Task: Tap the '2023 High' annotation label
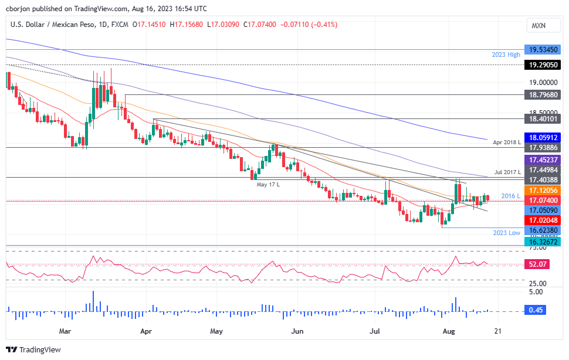pyautogui.click(x=506, y=55)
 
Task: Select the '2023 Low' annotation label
pyautogui.click(x=506, y=233)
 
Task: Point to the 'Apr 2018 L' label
pyautogui.click(x=506, y=142)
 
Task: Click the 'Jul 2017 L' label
pyautogui.click(x=506, y=172)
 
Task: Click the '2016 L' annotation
pyautogui.click(x=511, y=195)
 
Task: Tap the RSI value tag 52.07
pyautogui.click(x=538, y=264)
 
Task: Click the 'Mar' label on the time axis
pyautogui.click(x=65, y=331)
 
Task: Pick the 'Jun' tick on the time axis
pyautogui.click(x=297, y=331)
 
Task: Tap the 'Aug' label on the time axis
pyautogui.click(x=449, y=331)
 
